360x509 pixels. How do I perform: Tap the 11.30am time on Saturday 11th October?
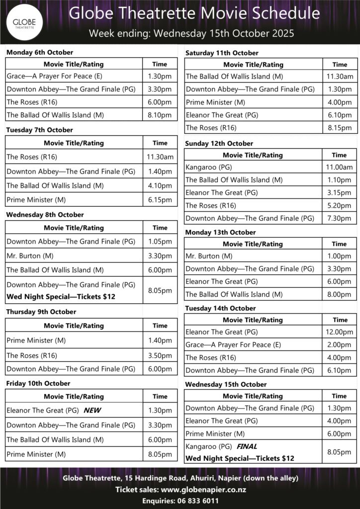[x=340, y=77]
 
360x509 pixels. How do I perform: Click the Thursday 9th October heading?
[x=41, y=312]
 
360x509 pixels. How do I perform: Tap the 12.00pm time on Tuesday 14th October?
[x=340, y=332]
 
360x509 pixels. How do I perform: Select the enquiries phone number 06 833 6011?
[x=197, y=501]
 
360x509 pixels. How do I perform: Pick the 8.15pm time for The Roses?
[x=340, y=128]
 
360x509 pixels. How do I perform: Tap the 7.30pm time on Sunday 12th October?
[x=340, y=218]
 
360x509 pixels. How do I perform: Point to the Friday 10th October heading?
[x=38, y=383]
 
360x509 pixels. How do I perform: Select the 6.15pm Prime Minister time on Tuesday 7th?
[x=160, y=200]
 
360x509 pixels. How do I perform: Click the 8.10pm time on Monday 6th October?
[x=160, y=115]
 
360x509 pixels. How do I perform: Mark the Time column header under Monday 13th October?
[x=339, y=244]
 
